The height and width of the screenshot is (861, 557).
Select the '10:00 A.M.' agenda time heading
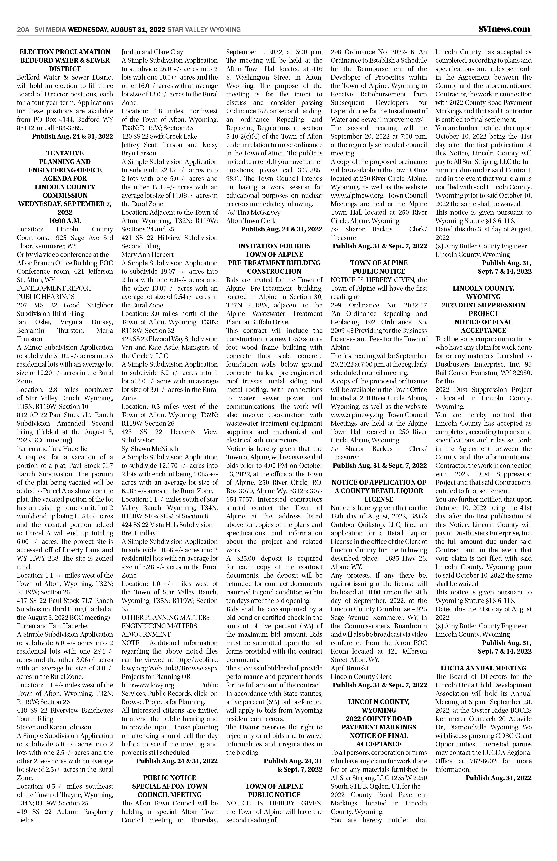(65, 221)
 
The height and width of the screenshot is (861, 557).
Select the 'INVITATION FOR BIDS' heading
(274, 246)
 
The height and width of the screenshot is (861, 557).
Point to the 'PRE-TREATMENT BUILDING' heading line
(274, 263)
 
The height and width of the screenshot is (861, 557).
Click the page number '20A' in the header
(23, 29)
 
